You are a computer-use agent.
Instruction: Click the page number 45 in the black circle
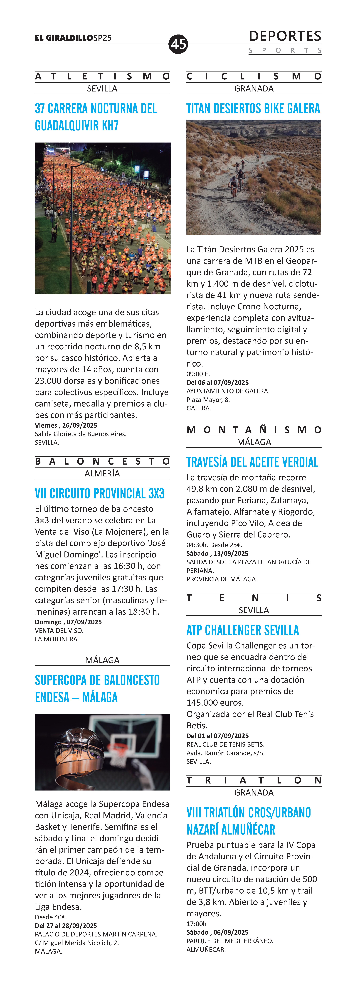point(178,44)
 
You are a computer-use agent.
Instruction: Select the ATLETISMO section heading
point(102,76)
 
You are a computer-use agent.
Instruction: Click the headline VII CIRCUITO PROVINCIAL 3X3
point(99,494)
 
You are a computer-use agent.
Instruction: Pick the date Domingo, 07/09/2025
point(68,622)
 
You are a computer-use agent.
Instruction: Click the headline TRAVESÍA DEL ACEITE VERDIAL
point(252,462)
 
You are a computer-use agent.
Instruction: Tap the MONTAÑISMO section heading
point(254,430)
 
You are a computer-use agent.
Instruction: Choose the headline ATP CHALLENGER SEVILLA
point(243,630)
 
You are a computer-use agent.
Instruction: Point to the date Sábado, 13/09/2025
point(217,553)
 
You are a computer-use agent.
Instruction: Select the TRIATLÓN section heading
point(254,780)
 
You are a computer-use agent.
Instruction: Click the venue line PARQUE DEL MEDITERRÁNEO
point(230,941)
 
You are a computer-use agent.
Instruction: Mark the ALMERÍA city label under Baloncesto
point(102,473)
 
